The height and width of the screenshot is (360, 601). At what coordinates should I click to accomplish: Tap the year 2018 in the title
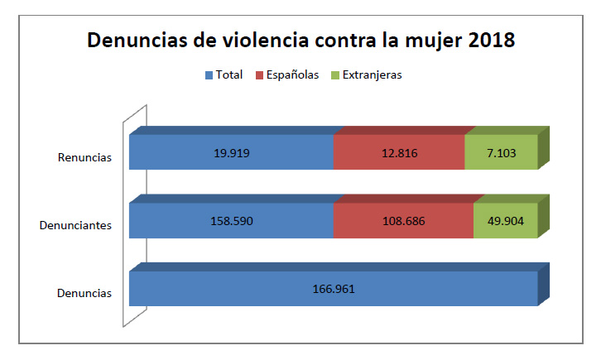pos(488,41)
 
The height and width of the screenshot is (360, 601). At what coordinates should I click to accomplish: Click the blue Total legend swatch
pos(209,75)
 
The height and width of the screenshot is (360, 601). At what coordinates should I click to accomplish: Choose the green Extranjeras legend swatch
pos(334,75)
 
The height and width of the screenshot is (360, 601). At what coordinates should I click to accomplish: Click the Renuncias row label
pos(84,156)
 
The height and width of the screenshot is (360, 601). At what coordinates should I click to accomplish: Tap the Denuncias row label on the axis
pos(84,292)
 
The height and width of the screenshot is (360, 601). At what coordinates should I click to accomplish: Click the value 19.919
pos(232,152)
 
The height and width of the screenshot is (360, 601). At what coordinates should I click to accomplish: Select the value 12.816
pos(399,152)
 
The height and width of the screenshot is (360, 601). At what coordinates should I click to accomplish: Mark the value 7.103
pos(502,152)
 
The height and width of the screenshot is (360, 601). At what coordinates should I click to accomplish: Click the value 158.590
pos(232,220)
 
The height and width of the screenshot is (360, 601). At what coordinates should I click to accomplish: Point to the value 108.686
pos(403,220)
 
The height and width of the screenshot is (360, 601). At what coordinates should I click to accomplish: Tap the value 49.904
pos(506,220)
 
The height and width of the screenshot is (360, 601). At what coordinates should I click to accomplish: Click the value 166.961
pos(334,288)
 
